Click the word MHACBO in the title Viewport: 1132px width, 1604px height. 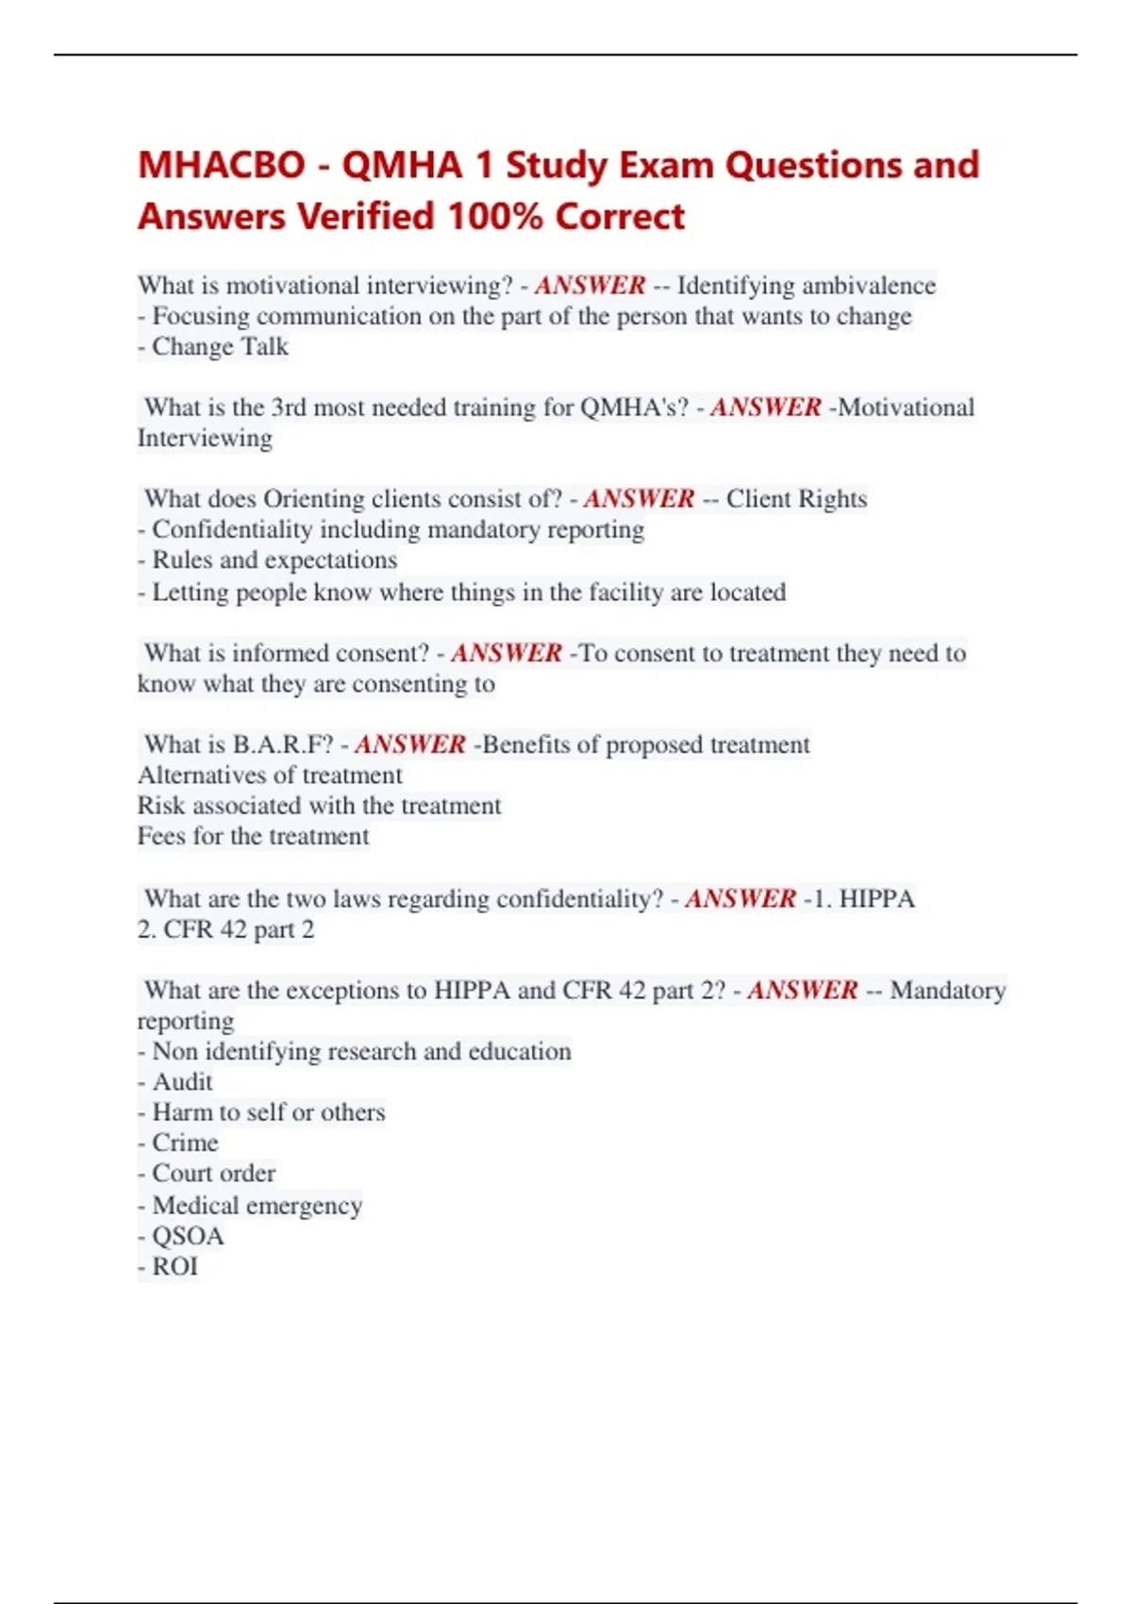[222, 165]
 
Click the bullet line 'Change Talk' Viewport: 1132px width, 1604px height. [220, 346]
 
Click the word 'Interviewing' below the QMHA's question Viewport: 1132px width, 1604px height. [205, 438]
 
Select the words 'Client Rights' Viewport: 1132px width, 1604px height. [796, 498]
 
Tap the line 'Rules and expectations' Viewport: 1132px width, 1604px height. [274, 560]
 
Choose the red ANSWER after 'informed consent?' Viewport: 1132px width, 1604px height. [506, 653]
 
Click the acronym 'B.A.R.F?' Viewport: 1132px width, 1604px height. [283, 744]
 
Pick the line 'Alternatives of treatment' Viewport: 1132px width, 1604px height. [270, 775]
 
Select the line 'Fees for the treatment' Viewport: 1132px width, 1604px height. [253, 836]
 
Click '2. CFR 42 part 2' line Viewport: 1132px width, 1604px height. [225, 929]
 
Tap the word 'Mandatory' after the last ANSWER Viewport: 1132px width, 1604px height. [947, 990]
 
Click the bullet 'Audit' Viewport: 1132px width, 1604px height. [182, 1081]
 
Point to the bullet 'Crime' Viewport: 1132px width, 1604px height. [185, 1143]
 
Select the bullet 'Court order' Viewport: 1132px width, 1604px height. [213, 1173]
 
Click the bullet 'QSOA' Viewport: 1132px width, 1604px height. [188, 1236]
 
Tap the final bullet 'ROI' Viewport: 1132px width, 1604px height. [175, 1266]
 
